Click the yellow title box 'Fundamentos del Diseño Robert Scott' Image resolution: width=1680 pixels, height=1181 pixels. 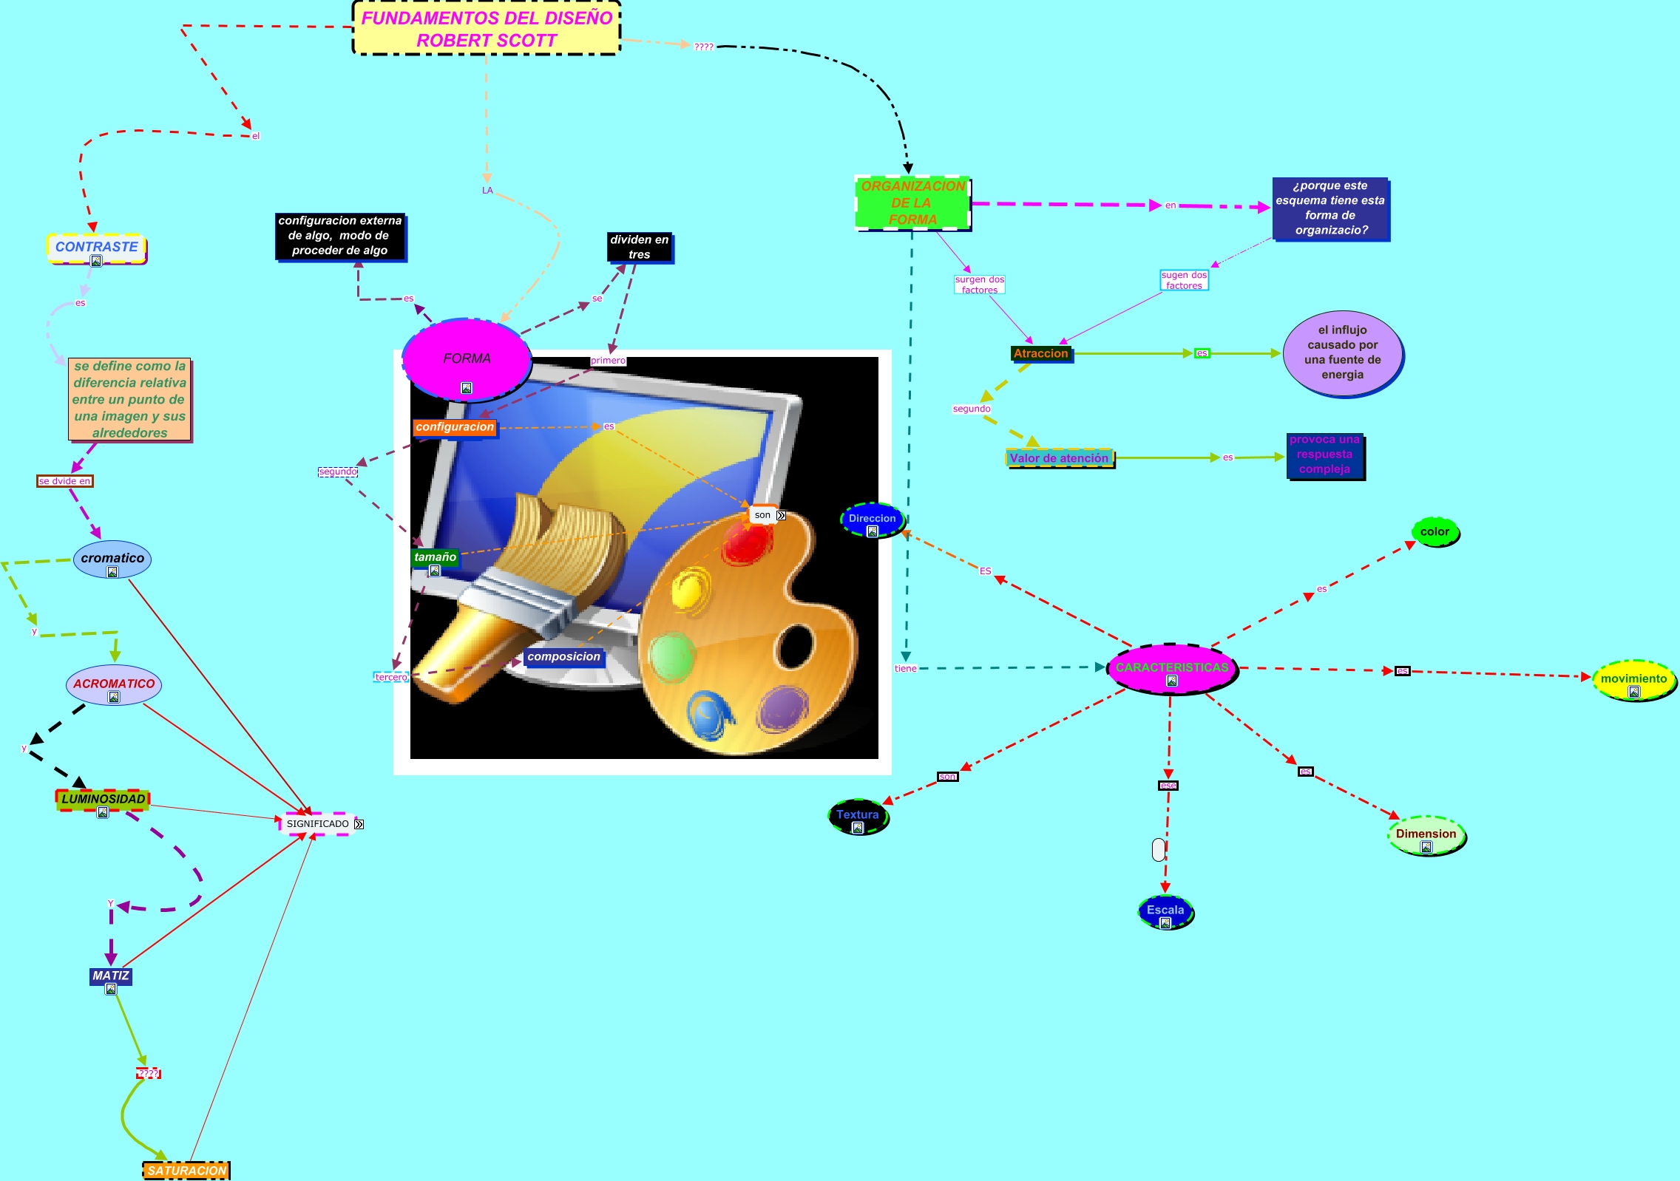pos(486,29)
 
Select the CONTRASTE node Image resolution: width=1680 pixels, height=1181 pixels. pos(96,247)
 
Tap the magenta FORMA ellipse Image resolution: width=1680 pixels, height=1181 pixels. pos(467,359)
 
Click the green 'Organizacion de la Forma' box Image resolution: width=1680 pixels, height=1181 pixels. pos(912,203)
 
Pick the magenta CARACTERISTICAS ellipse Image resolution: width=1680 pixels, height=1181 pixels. pos(1171,668)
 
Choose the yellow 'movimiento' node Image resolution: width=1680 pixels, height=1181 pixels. pos(1633,679)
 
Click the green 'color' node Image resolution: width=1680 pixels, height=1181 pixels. pos(1435,532)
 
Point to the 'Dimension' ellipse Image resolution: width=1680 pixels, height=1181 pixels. pos(1426,834)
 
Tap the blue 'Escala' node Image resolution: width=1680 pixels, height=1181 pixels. pos(1165,911)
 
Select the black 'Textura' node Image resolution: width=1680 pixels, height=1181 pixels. pos(858,815)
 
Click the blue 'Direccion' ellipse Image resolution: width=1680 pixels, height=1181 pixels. pos(873,519)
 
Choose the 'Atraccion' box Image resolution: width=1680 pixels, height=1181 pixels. pos(1041,354)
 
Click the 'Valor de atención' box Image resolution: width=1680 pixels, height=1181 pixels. pos(1060,458)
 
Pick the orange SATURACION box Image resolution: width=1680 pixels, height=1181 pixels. pos(186,1171)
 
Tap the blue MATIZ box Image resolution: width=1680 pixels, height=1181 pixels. pos(111,976)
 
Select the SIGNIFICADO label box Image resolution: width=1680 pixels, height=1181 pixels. pos(317,824)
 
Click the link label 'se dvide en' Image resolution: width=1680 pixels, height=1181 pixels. pos(65,481)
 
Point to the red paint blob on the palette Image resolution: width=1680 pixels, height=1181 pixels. pos(747,542)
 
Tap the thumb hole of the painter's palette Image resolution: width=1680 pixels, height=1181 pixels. pos(795,645)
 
